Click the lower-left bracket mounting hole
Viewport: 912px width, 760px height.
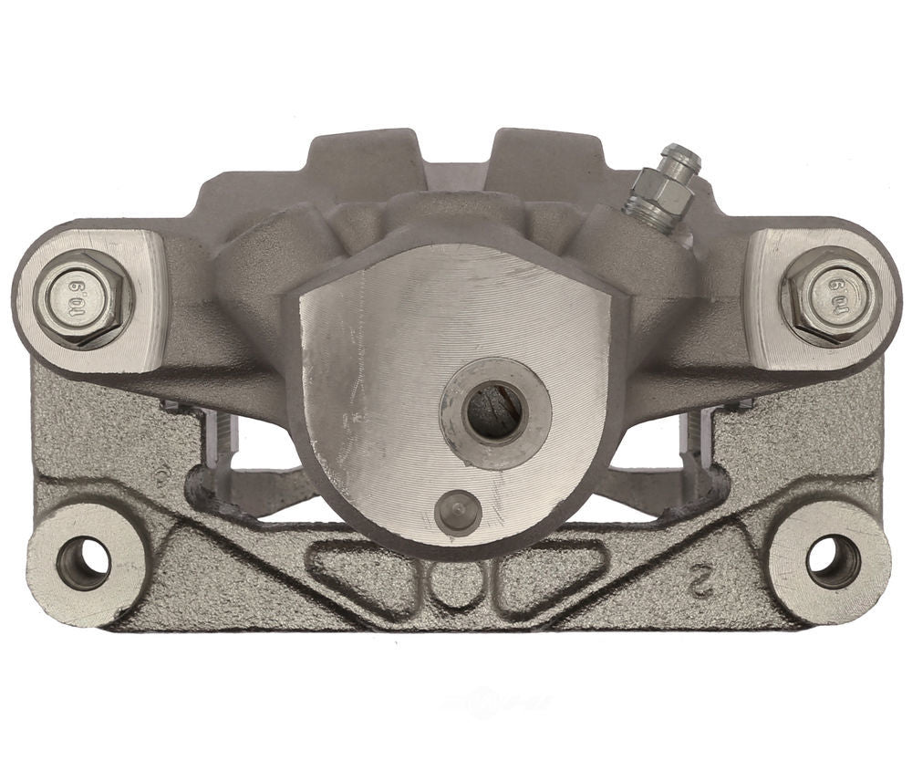pyautogui.click(x=83, y=563)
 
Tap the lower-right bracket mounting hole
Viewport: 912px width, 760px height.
pyautogui.click(x=833, y=562)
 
